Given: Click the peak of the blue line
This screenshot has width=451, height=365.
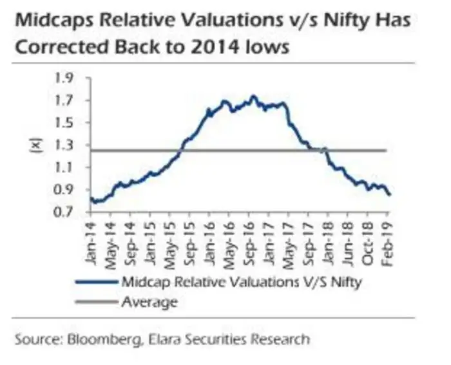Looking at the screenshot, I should pyautogui.click(x=253, y=97).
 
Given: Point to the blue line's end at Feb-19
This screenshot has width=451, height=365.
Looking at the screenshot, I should pyautogui.click(x=390, y=194).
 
